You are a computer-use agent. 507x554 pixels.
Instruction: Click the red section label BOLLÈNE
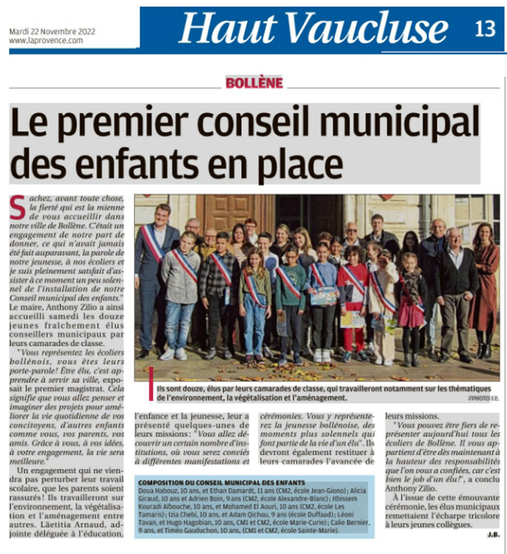(254, 83)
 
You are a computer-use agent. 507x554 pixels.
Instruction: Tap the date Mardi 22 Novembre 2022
(52, 32)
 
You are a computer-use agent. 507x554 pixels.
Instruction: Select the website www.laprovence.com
(46, 40)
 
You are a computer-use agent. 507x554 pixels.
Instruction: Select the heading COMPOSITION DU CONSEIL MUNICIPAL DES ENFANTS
(222, 483)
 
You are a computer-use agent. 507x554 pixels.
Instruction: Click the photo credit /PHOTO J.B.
(484, 398)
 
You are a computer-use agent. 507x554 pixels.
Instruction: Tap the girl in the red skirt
(410, 304)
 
